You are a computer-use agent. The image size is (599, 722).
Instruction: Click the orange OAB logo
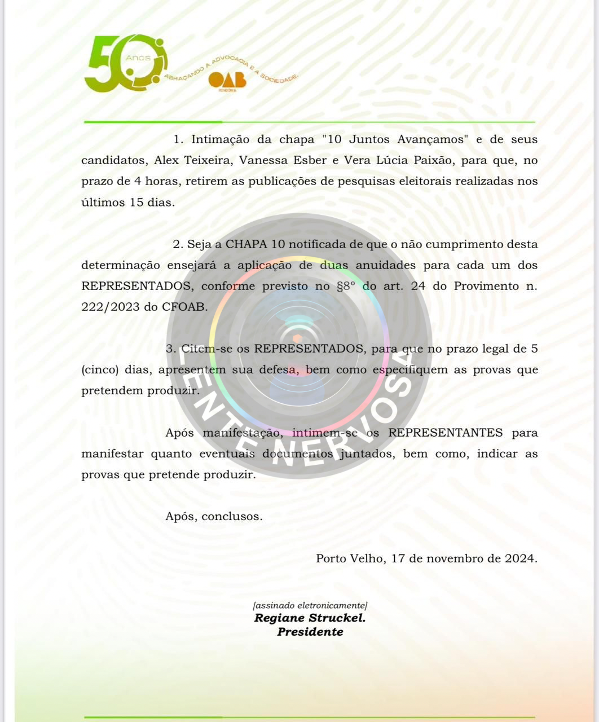(227, 81)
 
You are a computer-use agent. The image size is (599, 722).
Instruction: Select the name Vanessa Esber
(283, 161)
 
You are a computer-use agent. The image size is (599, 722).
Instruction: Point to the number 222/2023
(112, 307)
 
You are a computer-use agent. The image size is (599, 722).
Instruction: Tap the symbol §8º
(346, 287)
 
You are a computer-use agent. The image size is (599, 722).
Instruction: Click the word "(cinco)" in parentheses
(100, 371)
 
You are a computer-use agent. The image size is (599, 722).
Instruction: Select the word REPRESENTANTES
(445, 433)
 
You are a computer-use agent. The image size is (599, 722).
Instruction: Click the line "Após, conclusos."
(214, 517)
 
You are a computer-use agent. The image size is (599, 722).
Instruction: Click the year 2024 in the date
(519, 559)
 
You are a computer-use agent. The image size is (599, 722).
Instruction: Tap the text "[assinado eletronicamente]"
(310, 606)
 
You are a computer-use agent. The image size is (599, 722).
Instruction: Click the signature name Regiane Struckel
(310, 618)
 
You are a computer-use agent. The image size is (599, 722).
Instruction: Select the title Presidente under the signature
(310, 632)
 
